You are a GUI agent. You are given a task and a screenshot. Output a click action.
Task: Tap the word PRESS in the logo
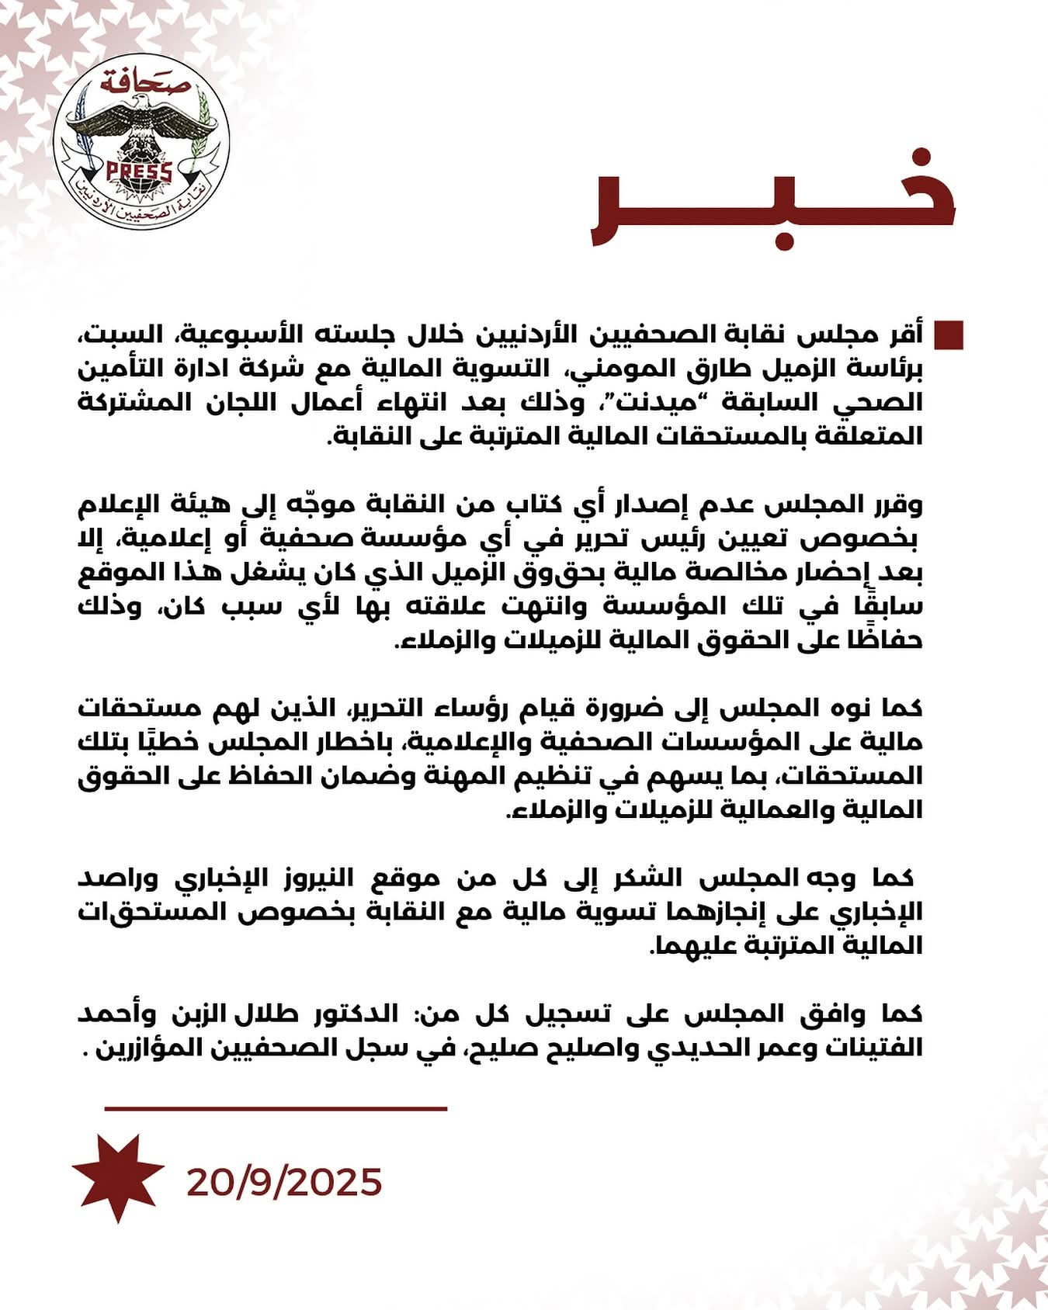[139, 171]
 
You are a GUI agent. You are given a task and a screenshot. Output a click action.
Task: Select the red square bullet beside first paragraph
[949, 335]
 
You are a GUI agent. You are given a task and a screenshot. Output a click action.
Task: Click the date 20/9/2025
[284, 1182]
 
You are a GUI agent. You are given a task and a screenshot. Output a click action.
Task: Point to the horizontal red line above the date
[276, 1108]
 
